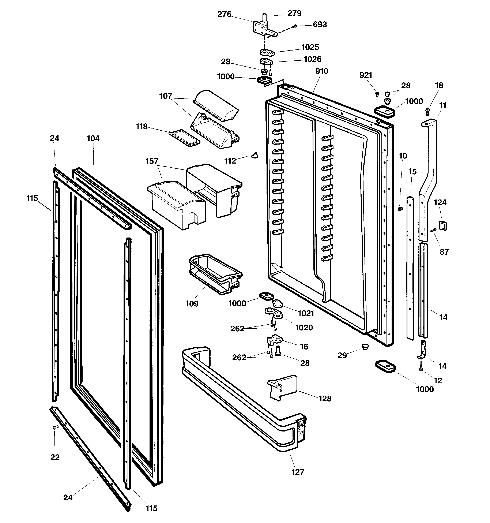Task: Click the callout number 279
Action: click(x=294, y=13)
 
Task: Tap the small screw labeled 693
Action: click(x=295, y=26)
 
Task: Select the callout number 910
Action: click(x=321, y=71)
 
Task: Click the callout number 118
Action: click(x=142, y=127)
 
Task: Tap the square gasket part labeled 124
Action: click(x=443, y=225)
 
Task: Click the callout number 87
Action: click(x=444, y=252)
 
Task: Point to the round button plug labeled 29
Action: click(x=365, y=347)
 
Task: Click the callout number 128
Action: click(x=325, y=399)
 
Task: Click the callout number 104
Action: click(x=93, y=138)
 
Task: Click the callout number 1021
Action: click(x=306, y=313)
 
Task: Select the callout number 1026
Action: click(x=312, y=59)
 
